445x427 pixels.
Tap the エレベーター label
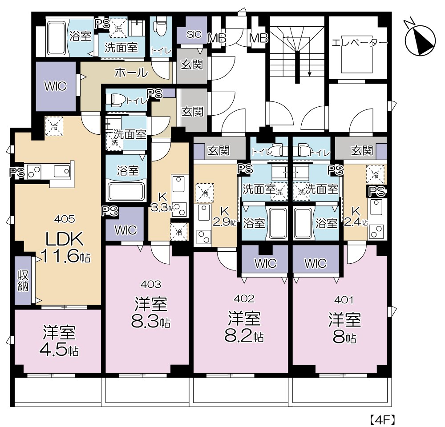click(359, 43)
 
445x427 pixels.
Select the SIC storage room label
click(194, 34)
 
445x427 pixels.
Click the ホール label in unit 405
click(131, 73)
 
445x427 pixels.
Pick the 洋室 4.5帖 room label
click(59, 342)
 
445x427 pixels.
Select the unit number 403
click(151, 284)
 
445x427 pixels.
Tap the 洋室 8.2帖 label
click(244, 326)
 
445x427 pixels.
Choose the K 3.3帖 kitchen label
click(162, 202)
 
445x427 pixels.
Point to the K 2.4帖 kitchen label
click(356, 217)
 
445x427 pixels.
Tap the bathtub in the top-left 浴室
click(56, 37)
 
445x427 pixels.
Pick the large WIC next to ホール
click(56, 86)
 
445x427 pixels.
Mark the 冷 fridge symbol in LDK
click(54, 126)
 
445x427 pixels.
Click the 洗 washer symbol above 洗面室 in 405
click(118, 28)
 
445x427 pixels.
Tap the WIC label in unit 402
click(265, 264)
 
